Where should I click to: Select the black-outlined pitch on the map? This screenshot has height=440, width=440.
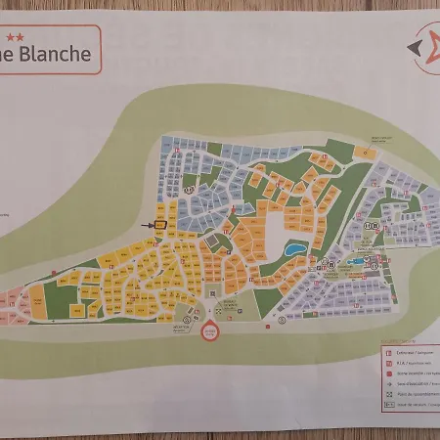pos(160,226)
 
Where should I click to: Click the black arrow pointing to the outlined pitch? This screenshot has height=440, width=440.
pos(150,226)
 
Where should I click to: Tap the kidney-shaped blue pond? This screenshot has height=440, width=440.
pos(294,249)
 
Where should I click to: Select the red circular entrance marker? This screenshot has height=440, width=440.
pos(208,331)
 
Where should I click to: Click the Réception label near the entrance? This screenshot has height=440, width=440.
pos(180,329)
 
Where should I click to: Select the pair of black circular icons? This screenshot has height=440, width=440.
pos(369,225)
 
